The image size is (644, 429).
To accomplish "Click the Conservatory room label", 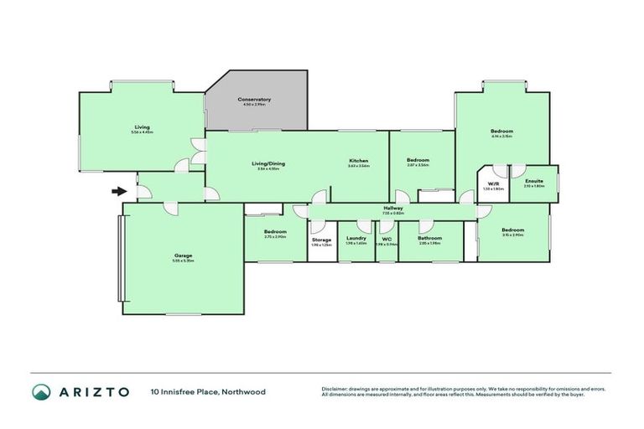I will click(254, 99).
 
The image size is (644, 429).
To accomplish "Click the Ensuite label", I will click(534, 181).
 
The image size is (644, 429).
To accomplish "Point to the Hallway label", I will click(393, 208).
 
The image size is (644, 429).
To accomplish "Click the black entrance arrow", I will click(119, 191).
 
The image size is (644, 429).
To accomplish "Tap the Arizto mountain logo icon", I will click(42, 391).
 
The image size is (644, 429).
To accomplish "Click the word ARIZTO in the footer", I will click(93, 391).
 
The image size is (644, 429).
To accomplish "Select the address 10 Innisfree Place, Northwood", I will click(197, 391).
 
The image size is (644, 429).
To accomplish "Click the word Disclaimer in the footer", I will click(337, 389).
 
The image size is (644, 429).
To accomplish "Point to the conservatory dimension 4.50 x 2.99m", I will click(254, 105).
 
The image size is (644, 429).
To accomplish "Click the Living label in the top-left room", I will click(141, 127).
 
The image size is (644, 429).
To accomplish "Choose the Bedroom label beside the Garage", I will click(275, 231).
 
